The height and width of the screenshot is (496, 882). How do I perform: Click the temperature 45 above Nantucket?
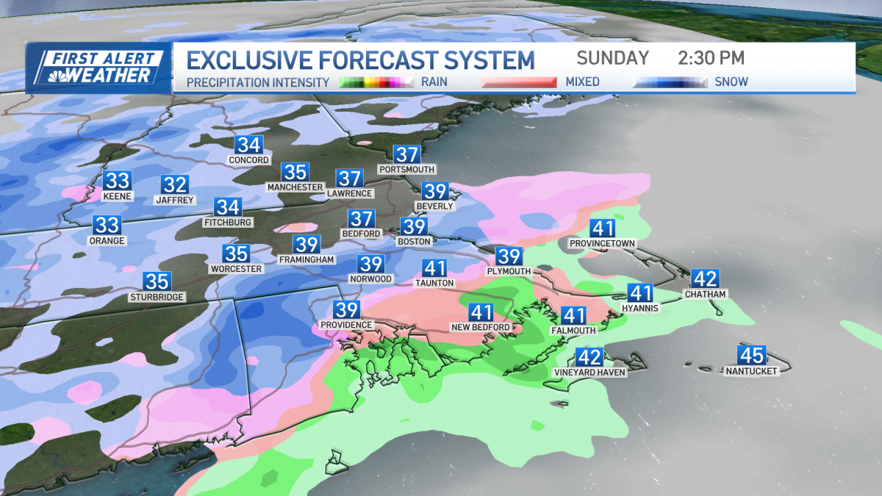click(x=751, y=356)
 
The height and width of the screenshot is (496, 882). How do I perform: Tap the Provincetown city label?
click(x=602, y=243)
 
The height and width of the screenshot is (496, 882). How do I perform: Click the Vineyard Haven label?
click(x=589, y=373)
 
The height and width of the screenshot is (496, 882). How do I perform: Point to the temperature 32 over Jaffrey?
click(x=175, y=185)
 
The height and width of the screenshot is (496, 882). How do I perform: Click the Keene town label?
click(x=117, y=196)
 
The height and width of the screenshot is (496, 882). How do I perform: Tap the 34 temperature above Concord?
click(x=248, y=145)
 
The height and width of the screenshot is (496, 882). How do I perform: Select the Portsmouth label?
click(x=406, y=170)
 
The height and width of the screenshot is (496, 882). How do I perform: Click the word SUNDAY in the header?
click(x=612, y=58)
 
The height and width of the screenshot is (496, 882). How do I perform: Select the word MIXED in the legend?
click(x=581, y=82)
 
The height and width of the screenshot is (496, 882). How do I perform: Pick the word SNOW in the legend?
click(x=731, y=82)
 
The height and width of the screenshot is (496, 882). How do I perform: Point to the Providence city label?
click(x=347, y=325)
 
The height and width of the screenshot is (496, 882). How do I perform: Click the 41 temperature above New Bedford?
click(x=481, y=312)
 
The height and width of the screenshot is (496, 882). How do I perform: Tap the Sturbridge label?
click(x=157, y=297)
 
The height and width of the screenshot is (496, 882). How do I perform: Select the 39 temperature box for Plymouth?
click(x=509, y=256)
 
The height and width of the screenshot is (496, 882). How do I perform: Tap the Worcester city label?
click(x=237, y=269)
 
